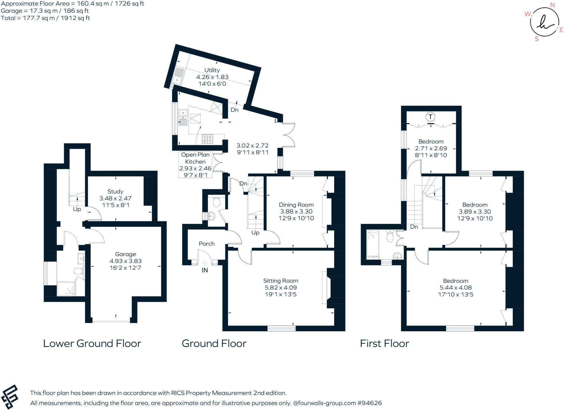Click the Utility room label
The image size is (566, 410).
[212, 70]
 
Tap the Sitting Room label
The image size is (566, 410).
[281, 281]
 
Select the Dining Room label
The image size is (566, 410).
[296, 205]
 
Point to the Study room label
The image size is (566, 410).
[115, 192]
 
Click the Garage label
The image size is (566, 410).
[125, 254]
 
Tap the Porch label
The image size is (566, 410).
[207, 244]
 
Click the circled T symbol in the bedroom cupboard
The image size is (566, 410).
[430, 117]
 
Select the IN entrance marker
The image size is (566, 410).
[205, 270]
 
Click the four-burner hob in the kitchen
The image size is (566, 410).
[208, 139]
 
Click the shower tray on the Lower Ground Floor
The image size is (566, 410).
[66, 289]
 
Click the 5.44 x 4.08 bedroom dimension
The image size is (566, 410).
[455, 288]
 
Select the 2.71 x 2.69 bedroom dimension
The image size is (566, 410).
[431, 148]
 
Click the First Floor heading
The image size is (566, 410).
[384, 344]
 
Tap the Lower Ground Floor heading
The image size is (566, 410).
[92, 344]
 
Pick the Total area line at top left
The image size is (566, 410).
[45, 18]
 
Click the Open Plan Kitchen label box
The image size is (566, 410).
[195, 165]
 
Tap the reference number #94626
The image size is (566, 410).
[370, 403]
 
